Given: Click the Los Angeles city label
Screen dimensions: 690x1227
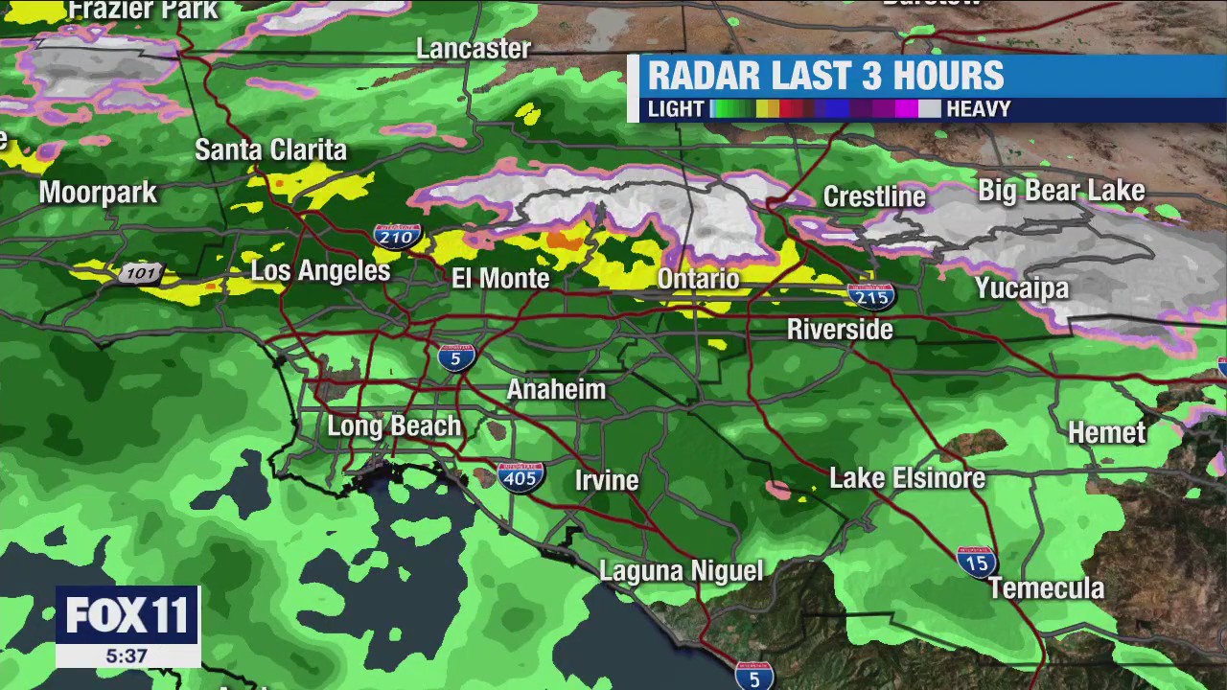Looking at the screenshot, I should click(x=320, y=271).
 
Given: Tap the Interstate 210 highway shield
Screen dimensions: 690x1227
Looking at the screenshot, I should click(x=397, y=236).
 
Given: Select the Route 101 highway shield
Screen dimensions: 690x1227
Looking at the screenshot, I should click(x=141, y=274).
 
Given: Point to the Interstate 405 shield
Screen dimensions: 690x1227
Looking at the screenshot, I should click(x=521, y=476).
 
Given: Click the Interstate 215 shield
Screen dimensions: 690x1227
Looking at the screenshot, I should click(x=871, y=296).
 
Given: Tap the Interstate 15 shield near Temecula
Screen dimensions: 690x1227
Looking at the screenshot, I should click(x=977, y=562).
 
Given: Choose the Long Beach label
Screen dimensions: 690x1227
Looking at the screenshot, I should click(x=394, y=426).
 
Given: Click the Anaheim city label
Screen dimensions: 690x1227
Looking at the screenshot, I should click(x=556, y=390).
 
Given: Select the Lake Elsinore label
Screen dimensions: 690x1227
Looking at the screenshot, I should click(x=907, y=478).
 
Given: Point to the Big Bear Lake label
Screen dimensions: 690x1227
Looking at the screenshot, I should click(x=1061, y=191).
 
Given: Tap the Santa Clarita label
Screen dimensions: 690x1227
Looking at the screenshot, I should click(x=270, y=150).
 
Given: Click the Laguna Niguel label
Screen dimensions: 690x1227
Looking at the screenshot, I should click(x=681, y=571).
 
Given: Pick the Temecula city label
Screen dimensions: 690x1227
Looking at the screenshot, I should click(x=1046, y=588).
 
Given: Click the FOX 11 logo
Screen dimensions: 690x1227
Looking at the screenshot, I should click(x=127, y=615).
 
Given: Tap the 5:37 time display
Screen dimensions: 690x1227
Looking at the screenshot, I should click(x=127, y=656).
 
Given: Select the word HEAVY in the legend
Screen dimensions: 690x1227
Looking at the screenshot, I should click(x=978, y=109).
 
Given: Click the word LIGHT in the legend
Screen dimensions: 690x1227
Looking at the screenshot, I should click(x=676, y=109).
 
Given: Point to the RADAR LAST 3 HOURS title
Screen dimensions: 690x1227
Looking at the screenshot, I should click(x=825, y=76).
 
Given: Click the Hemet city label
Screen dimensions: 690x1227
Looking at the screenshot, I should click(x=1107, y=433).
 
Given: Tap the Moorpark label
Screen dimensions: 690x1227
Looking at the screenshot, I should click(x=98, y=193).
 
